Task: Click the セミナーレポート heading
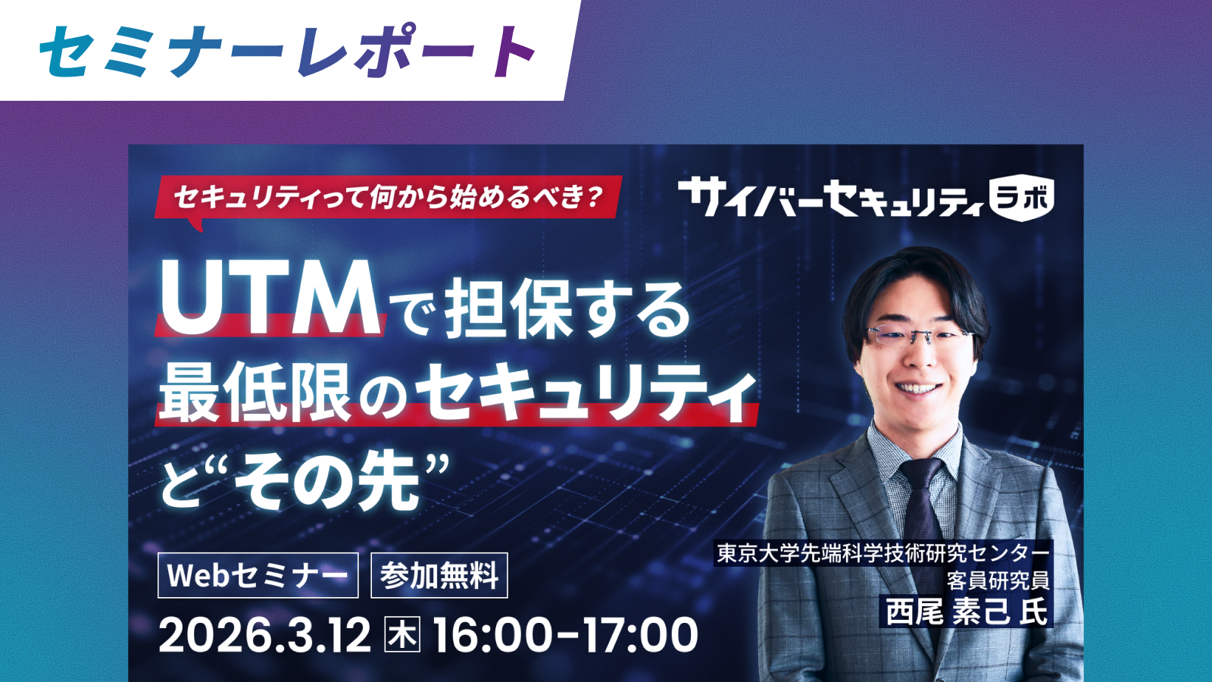coord(288,51)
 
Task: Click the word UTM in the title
coord(270,299)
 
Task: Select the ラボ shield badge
coord(1022,198)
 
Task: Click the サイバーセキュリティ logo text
coord(830,198)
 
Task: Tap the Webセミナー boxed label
coord(258,575)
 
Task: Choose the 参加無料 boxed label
coord(439,575)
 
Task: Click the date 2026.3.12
coord(264,635)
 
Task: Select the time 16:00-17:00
coord(565,635)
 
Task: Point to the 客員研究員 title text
coord(998,580)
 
